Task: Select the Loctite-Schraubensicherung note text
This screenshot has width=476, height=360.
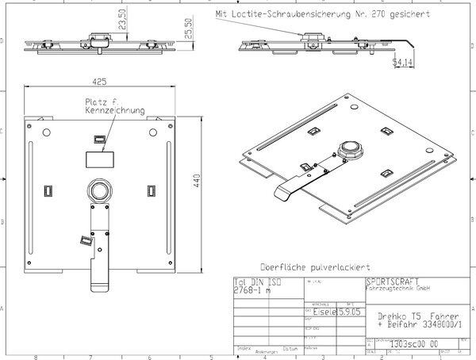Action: (x=317, y=13)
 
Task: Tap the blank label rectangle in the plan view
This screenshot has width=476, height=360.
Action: (x=100, y=159)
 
